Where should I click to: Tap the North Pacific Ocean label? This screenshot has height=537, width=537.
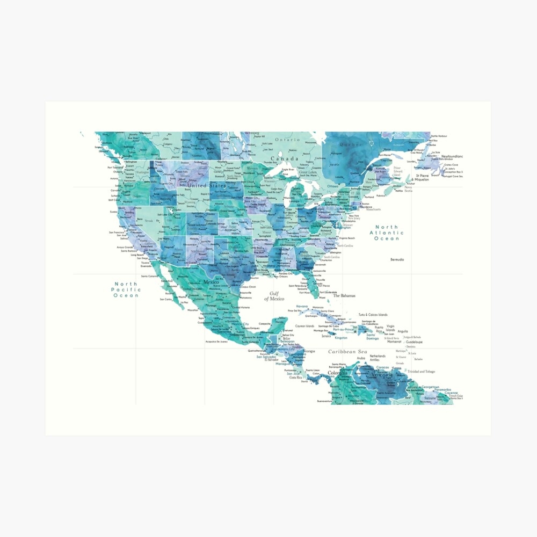click(126, 289)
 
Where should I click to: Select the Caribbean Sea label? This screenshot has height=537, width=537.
click(350, 352)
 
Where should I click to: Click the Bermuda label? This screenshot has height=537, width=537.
click(397, 259)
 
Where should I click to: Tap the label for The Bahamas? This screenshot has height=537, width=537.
click(344, 295)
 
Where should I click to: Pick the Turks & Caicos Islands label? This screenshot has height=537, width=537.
click(373, 315)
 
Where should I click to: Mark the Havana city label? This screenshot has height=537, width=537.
click(302, 306)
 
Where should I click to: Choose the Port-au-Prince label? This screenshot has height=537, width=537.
click(345, 330)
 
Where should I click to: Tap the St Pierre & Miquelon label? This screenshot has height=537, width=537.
click(422, 177)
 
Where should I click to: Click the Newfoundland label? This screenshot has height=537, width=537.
click(452, 156)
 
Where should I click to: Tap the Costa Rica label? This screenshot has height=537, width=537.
click(296, 378)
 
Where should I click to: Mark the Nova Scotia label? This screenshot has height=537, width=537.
click(408, 188)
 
